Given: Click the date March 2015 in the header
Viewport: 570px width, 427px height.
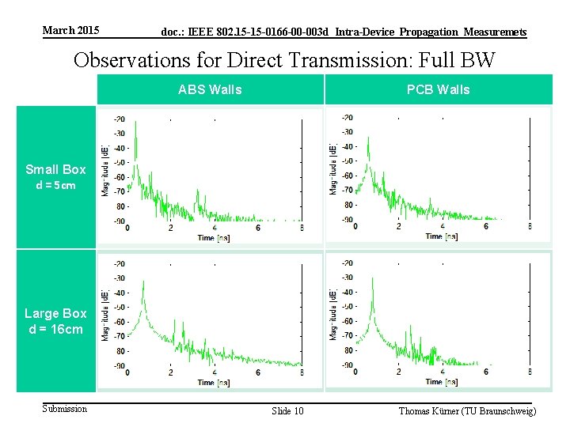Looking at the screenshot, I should [71, 31].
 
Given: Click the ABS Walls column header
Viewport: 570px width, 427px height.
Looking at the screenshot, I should [210, 89].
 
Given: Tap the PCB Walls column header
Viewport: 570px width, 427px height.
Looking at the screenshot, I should [438, 89].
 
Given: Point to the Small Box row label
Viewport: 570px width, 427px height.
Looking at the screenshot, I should [55, 169].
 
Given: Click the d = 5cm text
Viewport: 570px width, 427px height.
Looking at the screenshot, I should [55, 186].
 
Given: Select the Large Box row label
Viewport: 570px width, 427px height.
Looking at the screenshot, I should [55, 314].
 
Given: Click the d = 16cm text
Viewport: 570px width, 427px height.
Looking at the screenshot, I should [55, 329].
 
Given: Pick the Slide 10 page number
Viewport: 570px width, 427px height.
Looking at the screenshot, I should [287, 411].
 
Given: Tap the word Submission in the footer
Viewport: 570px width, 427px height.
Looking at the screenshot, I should [65, 409].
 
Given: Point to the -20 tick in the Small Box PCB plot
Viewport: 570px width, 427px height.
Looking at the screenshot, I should [346, 118].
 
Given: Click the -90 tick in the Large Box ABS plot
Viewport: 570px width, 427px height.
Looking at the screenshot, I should [118, 365].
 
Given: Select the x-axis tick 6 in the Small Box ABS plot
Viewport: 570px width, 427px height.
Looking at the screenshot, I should [258, 228].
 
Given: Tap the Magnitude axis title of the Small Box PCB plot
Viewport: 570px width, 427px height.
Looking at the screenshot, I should [333, 169].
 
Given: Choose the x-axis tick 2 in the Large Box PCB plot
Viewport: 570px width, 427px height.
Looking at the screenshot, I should [398, 372].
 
